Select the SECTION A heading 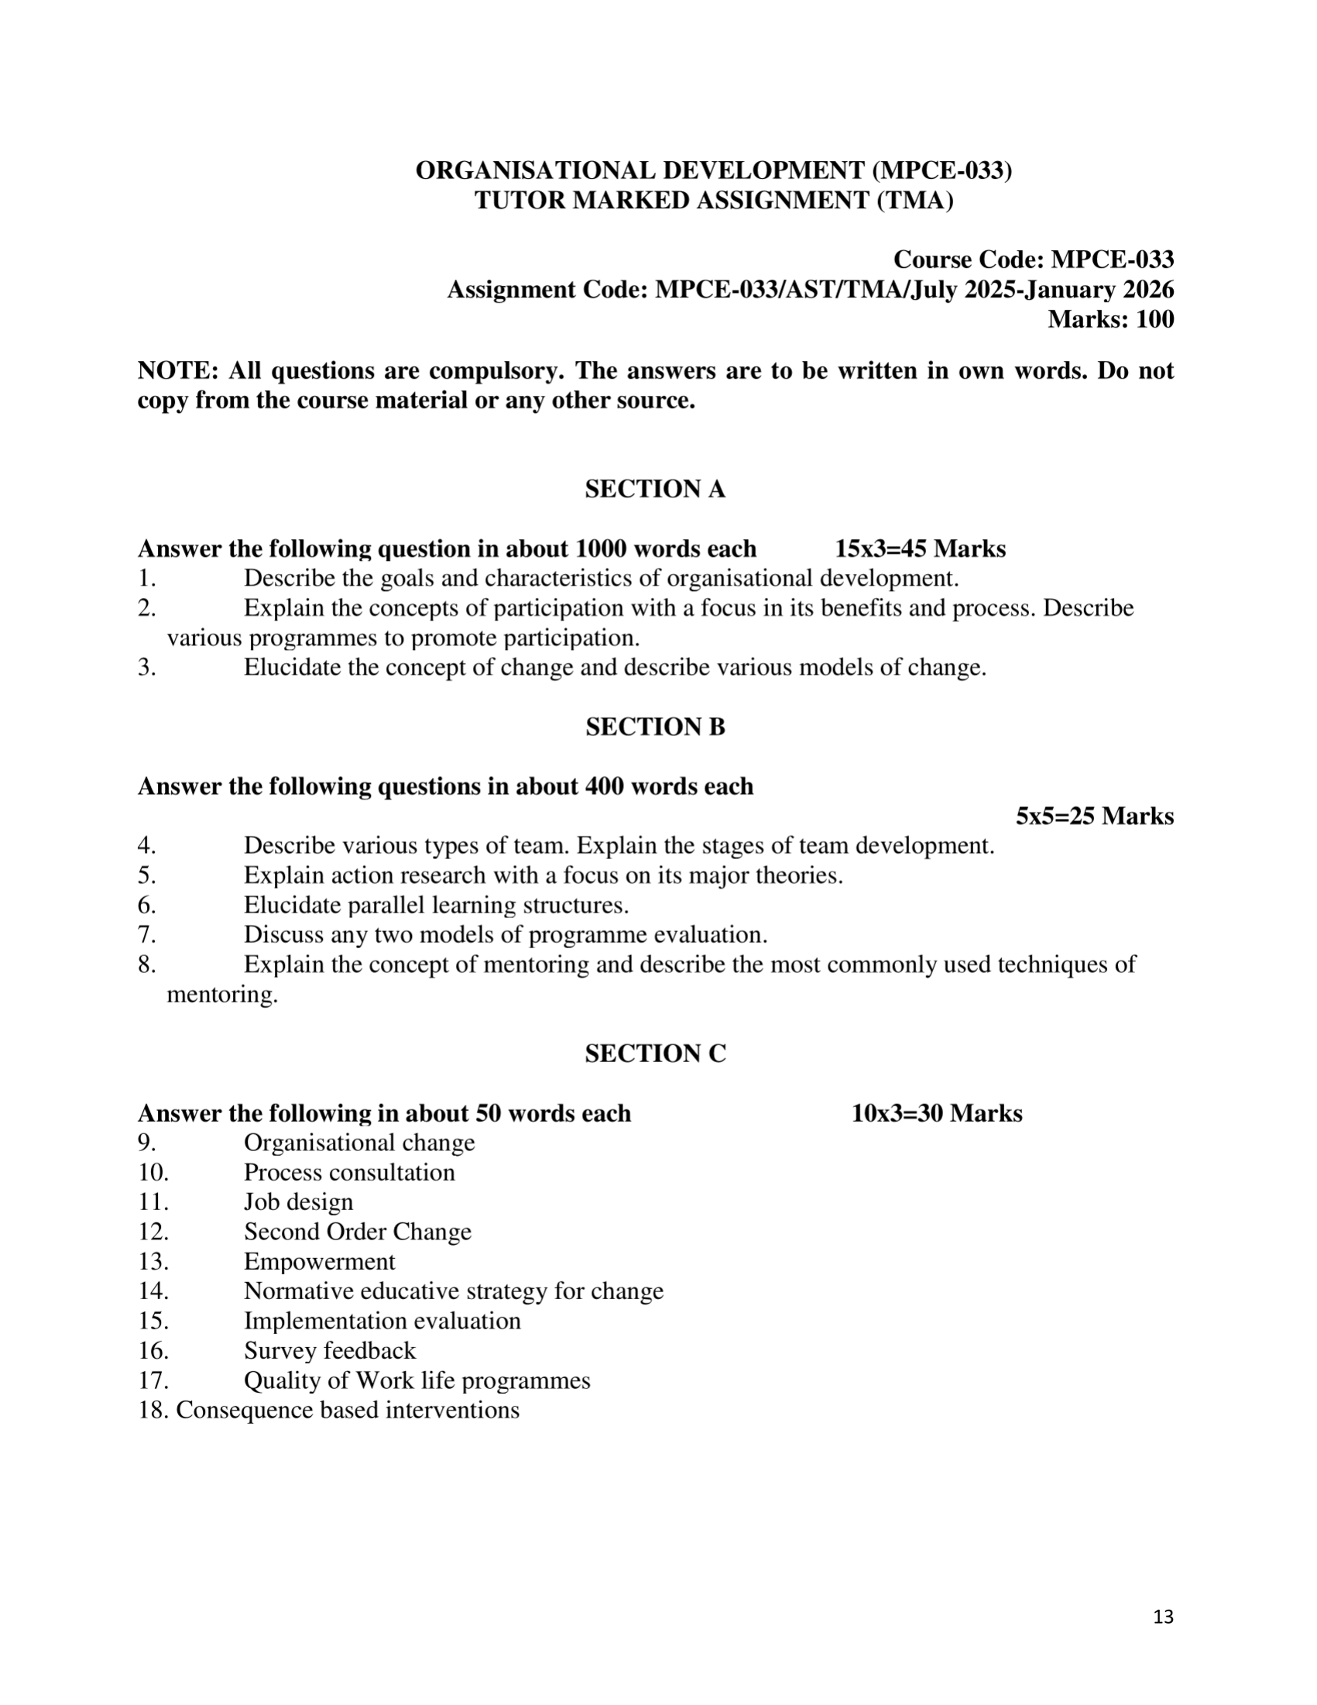point(654,490)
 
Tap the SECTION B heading point(654,727)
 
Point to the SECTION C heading point(654,1054)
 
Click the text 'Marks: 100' point(1110,319)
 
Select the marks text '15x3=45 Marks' point(920,548)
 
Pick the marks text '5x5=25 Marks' point(1094,816)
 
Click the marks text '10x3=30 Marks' point(936,1113)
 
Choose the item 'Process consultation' point(348,1173)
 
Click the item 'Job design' point(298,1202)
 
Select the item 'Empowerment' point(319,1262)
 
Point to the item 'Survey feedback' point(329,1350)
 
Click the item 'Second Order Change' point(358,1232)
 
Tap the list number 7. point(146,935)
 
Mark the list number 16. point(153,1350)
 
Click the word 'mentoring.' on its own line point(222,995)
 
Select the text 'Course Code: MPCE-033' point(1033,260)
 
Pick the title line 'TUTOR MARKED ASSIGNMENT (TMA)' point(713,201)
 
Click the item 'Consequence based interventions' point(347,1410)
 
